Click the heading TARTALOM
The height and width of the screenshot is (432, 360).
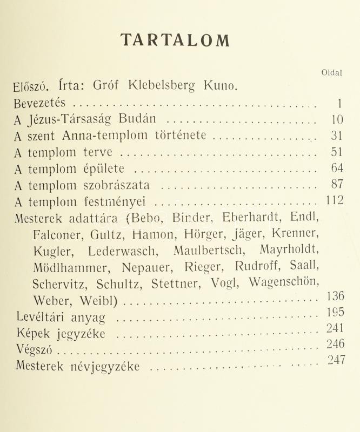coord(175,40)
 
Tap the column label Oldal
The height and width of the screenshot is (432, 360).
coord(331,74)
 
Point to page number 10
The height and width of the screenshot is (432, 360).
coord(336,119)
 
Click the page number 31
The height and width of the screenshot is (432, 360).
coord(337,136)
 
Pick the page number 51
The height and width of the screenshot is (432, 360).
coord(337,152)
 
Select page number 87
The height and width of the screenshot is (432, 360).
coord(337,184)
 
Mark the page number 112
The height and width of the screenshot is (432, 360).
coord(335,201)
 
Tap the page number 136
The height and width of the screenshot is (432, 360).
coord(335,296)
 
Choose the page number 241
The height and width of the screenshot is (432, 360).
coord(336,328)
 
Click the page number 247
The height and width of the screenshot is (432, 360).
coord(336,361)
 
